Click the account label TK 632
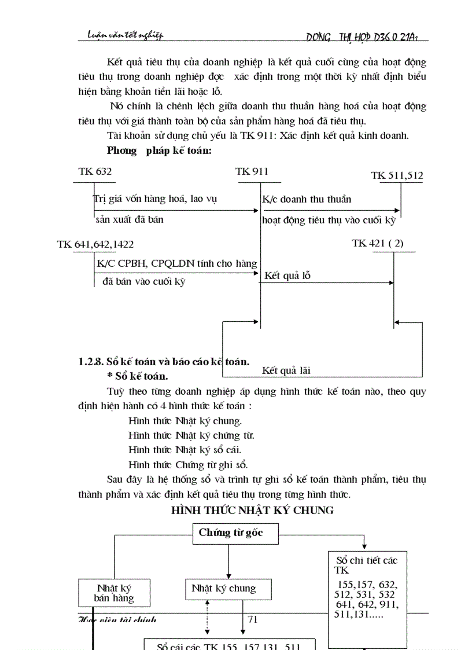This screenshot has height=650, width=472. pyautogui.click(x=95, y=171)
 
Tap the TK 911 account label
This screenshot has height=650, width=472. pyautogui.click(x=252, y=171)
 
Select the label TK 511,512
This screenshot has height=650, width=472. pyautogui.click(x=397, y=175)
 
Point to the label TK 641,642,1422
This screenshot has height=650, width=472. pyautogui.click(x=95, y=244)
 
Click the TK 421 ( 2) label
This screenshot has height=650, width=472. pyautogui.click(x=378, y=243)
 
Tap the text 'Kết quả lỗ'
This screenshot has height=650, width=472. pyautogui.click(x=287, y=276)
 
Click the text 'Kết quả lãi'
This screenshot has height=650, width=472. pyautogui.click(x=286, y=370)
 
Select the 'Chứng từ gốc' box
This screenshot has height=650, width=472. pyautogui.click(x=230, y=533)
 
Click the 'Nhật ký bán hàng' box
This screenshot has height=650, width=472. pyautogui.click(x=114, y=593)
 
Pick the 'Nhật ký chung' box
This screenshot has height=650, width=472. pyautogui.click(x=223, y=589)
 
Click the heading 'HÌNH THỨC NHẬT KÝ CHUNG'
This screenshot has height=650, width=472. pyautogui.click(x=253, y=510)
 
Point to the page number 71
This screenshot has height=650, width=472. pyautogui.click(x=252, y=619)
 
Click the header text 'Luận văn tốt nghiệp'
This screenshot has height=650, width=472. pyautogui.click(x=121, y=35)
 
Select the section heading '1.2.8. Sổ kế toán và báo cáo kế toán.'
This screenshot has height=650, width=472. pyautogui.click(x=164, y=362)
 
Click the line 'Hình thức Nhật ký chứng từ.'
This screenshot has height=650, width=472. pyautogui.click(x=191, y=435)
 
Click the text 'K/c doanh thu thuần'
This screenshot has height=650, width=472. pyautogui.click(x=307, y=199)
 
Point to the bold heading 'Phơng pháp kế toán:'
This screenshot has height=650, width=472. pyautogui.click(x=159, y=150)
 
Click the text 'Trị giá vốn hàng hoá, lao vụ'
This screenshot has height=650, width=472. pyautogui.click(x=154, y=199)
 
